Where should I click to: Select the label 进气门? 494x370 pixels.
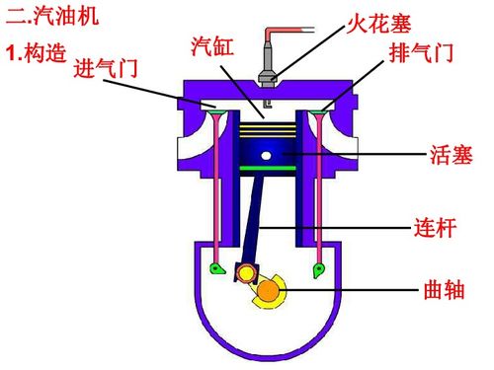(x=106, y=69)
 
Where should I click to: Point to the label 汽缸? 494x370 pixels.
(x=210, y=46)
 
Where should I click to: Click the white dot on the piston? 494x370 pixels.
(x=266, y=155)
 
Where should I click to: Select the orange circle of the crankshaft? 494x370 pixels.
(x=269, y=291)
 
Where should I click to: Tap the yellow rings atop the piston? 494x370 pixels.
(x=267, y=128)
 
